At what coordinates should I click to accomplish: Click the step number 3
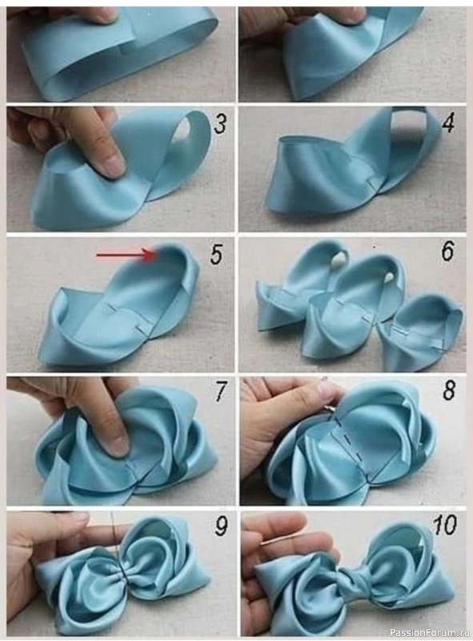click(x=220, y=123)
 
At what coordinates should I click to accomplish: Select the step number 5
click(x=216, y=256)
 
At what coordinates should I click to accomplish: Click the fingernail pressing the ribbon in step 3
click(x=111, y=165)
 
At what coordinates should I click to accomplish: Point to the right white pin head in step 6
click(x=388, y=277)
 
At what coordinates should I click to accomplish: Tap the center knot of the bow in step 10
click(x=351, y=577)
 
